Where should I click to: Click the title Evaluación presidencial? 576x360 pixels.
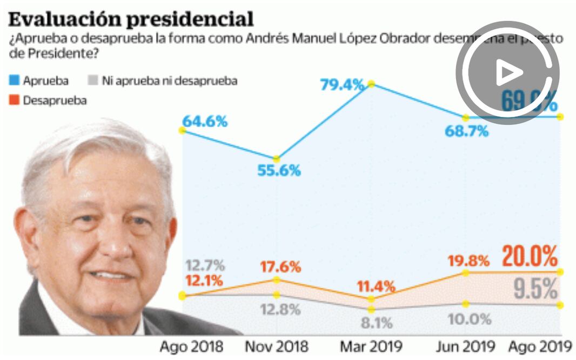coord(131,19)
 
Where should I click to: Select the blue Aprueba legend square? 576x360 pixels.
coord(15,81)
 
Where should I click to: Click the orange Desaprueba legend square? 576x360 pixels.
coord(15,100)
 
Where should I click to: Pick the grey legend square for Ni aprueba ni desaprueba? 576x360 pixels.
coord(92,81)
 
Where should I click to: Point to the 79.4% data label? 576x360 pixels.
coord(341,85)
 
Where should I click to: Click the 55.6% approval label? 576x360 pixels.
coord(278,171)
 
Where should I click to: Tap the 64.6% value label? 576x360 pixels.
coord(205,121)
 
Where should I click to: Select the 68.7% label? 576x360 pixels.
coord(467,131)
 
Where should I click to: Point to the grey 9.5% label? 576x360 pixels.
coord(535,290)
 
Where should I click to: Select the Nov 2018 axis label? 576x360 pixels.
coord(277,346)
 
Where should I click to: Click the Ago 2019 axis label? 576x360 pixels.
coord(541,346)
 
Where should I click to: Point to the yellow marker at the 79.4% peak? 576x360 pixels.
coord(371,84)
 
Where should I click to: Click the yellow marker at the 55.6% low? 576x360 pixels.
coord(276,159)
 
